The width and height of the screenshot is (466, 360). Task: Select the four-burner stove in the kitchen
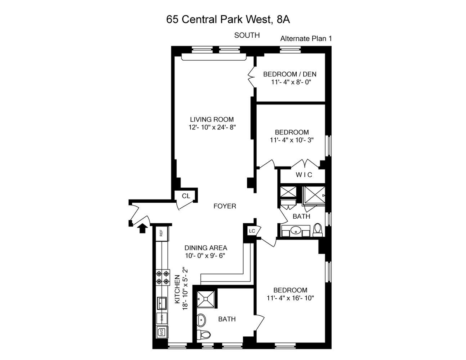(x=162, y=277)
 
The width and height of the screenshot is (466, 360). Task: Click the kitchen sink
(x=162, y=303)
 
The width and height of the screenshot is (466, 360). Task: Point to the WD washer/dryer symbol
(x=162, y=332)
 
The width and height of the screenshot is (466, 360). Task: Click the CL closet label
(x=186, y=196)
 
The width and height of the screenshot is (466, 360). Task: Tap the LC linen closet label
(x=252, y=231)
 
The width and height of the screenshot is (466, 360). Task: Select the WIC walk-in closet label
(x=304, y=175)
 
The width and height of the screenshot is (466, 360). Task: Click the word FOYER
(x=225, y=206)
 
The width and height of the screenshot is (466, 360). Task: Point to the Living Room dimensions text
(x=212, y=127)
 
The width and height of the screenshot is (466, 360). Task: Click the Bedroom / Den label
(x=290, y=74)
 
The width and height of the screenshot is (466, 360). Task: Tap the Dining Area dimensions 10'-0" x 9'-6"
(x=205, y=256)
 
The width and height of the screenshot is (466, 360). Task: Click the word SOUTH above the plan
(x=247, y=35)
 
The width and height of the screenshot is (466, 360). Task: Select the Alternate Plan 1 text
(x=306, y=38)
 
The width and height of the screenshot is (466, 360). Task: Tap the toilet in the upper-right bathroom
(x=318, y=230)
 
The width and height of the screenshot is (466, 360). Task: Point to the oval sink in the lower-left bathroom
(x=201, y=320)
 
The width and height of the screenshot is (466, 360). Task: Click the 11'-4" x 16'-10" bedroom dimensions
(x=290, y=298)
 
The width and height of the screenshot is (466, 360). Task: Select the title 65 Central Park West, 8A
(x=228, y=19)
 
